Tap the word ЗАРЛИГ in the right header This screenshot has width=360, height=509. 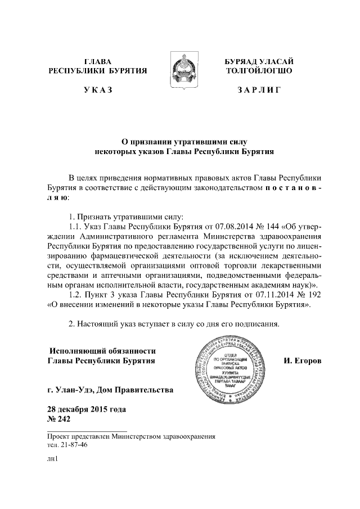(259, 90)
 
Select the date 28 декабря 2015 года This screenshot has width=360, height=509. (87, 408)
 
